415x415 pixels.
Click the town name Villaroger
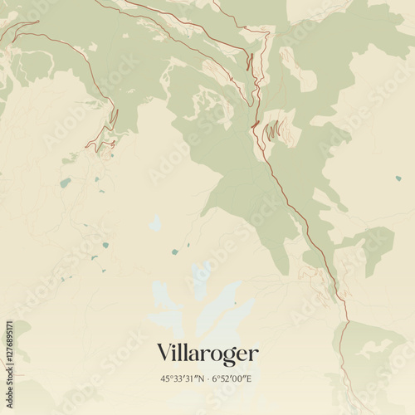pyautogui.click(x=207, y=354)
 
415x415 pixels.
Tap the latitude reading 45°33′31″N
pyautogui.click(x=183, y=378)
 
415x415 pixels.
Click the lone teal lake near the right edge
pyautogui.click(x=398, y=178)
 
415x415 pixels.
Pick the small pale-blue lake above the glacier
pyautogui.click(x=155, y=222)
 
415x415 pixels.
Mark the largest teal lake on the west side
pyautogui.click(x=65, y=183)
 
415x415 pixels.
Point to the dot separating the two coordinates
pyautogui.click(x=207, y=378)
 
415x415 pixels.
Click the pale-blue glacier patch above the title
pyautogui.click(x=199, y=307)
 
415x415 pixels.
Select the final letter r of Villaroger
pyautogui.click(x=254, y=355)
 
